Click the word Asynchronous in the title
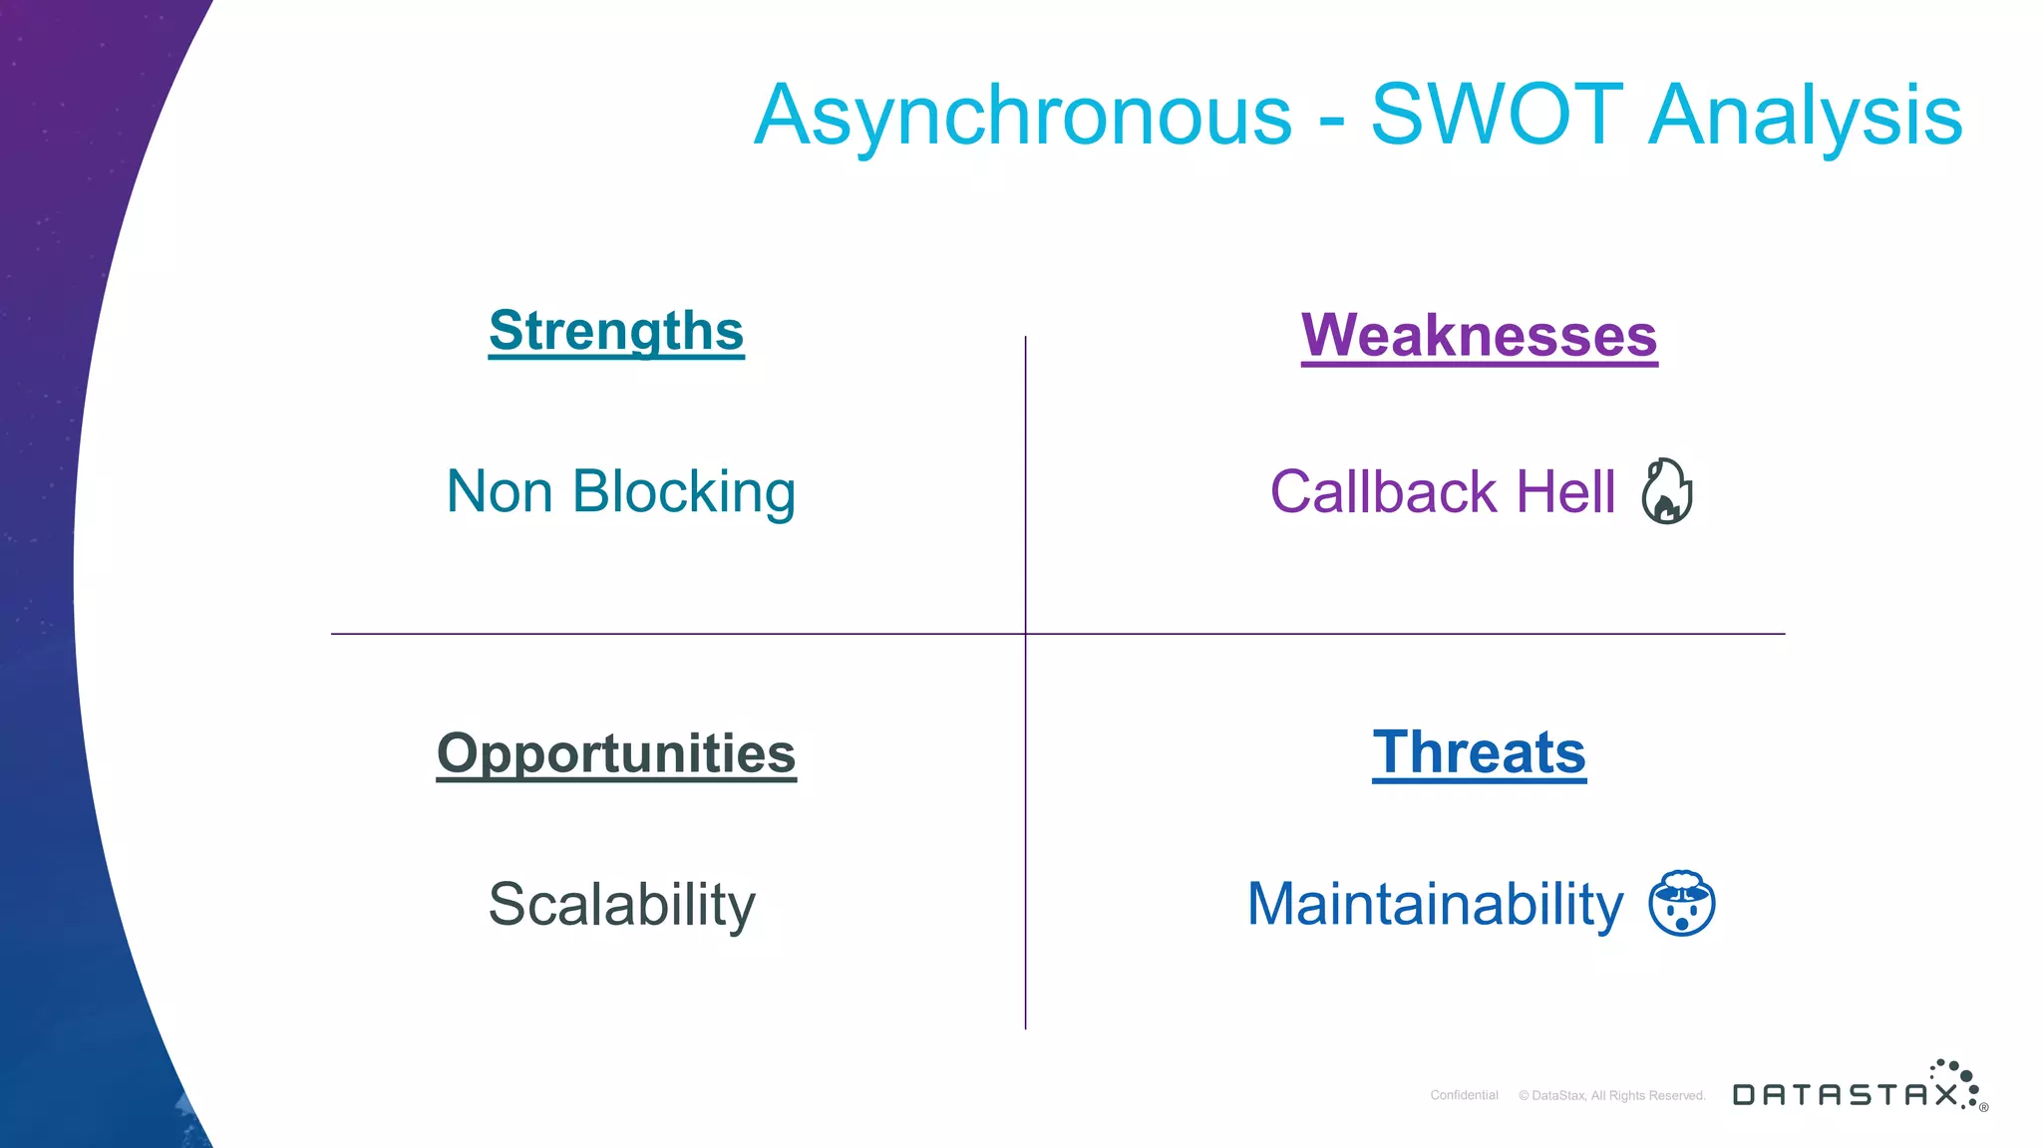(x=1022, y=117)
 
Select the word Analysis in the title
(x=1805, y=117)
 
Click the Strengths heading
(x=616, y=331)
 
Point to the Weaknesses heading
(x=1479, y=336)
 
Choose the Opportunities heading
(x=616, y=753)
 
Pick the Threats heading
(x=1479, y=752)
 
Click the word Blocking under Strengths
(x=684, y=492)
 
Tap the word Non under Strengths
(x=499, y=491)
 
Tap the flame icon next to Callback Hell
(x=1667, y=491)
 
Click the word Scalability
(x=621, y=905)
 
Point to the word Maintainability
(x=1435, y=904)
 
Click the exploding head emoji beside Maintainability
(x=1681, y=904)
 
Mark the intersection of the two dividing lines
(x=1025, y=634)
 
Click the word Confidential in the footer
(x=1464, y=1095)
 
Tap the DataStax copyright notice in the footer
(x=1611, y=1095)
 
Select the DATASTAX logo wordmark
(x=1845, y=1095)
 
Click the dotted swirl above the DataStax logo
(x=1957, y=1079)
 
